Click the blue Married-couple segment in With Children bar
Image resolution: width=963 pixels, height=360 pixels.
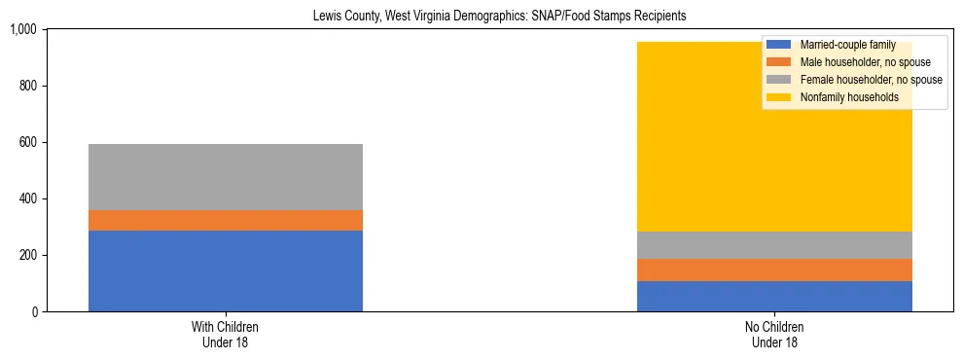(x=225, y=270)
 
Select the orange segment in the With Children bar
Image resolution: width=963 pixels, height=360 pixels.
(x=225, y=220)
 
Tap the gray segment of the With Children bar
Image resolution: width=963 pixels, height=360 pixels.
(x=225, y=177)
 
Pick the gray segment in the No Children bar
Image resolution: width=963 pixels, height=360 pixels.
(x=774, y=245)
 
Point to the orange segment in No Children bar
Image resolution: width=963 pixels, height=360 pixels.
(x=774, y=270)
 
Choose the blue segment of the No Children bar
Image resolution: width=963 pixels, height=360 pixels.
(x=774, y=296)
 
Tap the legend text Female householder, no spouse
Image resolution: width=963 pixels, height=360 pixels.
(x=870, y=80)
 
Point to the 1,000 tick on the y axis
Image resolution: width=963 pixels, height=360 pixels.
(x=23, y=30)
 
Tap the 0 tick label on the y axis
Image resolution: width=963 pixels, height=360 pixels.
(x=34, y=312)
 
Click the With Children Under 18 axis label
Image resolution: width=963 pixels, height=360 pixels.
(x=225, y=335)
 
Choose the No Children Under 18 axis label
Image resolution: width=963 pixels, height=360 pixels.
(x=774, y=335)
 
